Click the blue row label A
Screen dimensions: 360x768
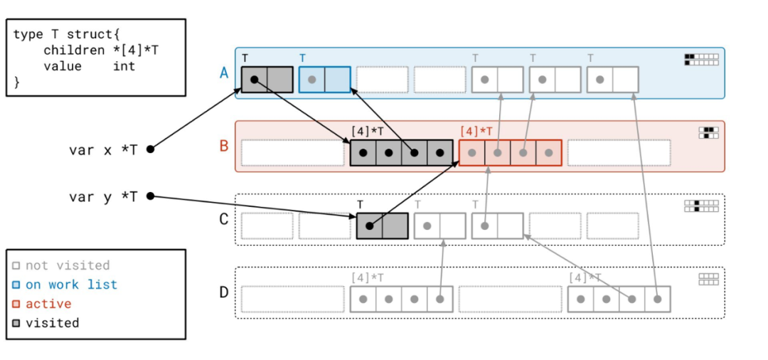pos(224,72)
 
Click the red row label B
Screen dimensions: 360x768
pos(224,146)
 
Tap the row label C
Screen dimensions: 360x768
pos(224,218)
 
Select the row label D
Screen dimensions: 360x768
pos(224,292)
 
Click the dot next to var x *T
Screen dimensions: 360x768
pos(150,149)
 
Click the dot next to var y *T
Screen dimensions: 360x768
pos(150,196)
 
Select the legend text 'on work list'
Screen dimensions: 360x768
pos(71,285)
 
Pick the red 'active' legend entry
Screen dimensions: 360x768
pos(48,304)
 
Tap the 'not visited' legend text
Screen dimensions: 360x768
pos(68,265)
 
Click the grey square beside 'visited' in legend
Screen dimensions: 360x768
pos(16,324)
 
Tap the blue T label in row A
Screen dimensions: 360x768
pos(303,58)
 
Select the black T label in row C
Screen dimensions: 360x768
pos(361,204)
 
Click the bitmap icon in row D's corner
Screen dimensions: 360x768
pos(708,280)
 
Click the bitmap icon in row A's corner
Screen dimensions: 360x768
pos(701,59)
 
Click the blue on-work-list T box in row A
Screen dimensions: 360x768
pos(325,80)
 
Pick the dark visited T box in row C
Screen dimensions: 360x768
pos(382,226)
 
